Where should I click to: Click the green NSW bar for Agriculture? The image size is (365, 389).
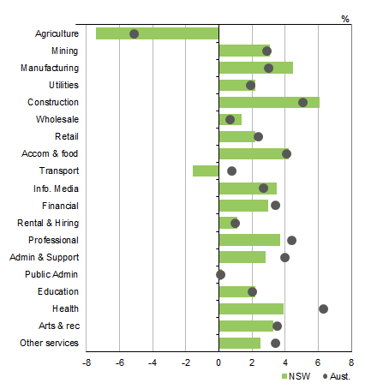[x=157, y=33]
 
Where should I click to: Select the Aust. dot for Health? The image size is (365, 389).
[x=323, y=308]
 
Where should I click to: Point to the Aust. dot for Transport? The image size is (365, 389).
[x=231, y=171]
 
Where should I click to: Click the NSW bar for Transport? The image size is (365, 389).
[x=206, y=171]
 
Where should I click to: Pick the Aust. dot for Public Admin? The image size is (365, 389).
[x=220, y=274]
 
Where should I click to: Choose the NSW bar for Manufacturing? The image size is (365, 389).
[x=255, y=68]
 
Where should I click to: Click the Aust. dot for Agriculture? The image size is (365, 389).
[x=134, y=33]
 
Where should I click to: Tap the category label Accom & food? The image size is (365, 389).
[x=50, y=154]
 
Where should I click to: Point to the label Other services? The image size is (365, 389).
[x=49, y=344]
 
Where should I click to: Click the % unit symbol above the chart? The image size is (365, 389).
[x=345, y=19]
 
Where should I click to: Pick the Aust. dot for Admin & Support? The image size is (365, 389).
[x=284, y=257]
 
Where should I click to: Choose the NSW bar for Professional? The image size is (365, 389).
[x=249, y=240]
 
